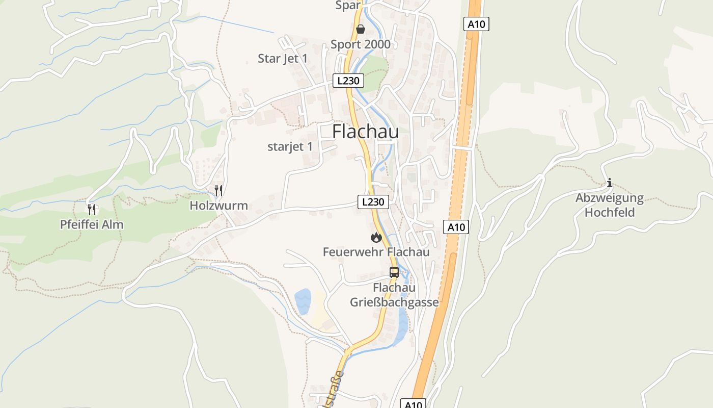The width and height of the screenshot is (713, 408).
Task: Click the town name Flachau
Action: coord(365,132)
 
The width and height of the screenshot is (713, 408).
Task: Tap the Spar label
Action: coord(348,6)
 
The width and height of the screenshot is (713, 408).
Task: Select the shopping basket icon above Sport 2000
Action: coord(360,29)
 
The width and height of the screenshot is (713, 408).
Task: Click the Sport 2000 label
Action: coord(361,44)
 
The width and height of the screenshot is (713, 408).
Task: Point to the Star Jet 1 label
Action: coord(283,58)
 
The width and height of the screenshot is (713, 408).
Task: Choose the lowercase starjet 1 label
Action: coord(290,147)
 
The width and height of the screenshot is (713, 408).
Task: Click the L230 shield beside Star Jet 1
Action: coord(348,81)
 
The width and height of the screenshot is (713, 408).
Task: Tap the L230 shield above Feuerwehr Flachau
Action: coord(373,201)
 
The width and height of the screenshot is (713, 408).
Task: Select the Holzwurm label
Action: coord(218,206)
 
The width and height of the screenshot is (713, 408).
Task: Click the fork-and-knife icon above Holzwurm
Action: coord(218,191)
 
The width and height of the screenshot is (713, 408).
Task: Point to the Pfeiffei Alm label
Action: coord(92,224)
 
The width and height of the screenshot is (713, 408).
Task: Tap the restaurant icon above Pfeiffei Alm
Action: coord(92,209)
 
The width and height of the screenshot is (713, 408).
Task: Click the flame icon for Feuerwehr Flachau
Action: coord(376,237)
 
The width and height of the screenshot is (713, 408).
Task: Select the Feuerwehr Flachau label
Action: coord(376,252)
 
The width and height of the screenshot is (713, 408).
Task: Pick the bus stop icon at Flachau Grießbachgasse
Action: coord(394,272)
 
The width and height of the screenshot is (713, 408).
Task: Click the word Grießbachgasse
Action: coord(394,302)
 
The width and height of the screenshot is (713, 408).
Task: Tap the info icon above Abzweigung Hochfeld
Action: coord(610,183)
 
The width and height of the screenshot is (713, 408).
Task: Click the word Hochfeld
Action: coord(610,212)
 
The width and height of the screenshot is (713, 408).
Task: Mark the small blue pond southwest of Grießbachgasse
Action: coord(303,301)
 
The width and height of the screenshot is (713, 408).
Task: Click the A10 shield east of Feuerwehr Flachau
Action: coord(456,227)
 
